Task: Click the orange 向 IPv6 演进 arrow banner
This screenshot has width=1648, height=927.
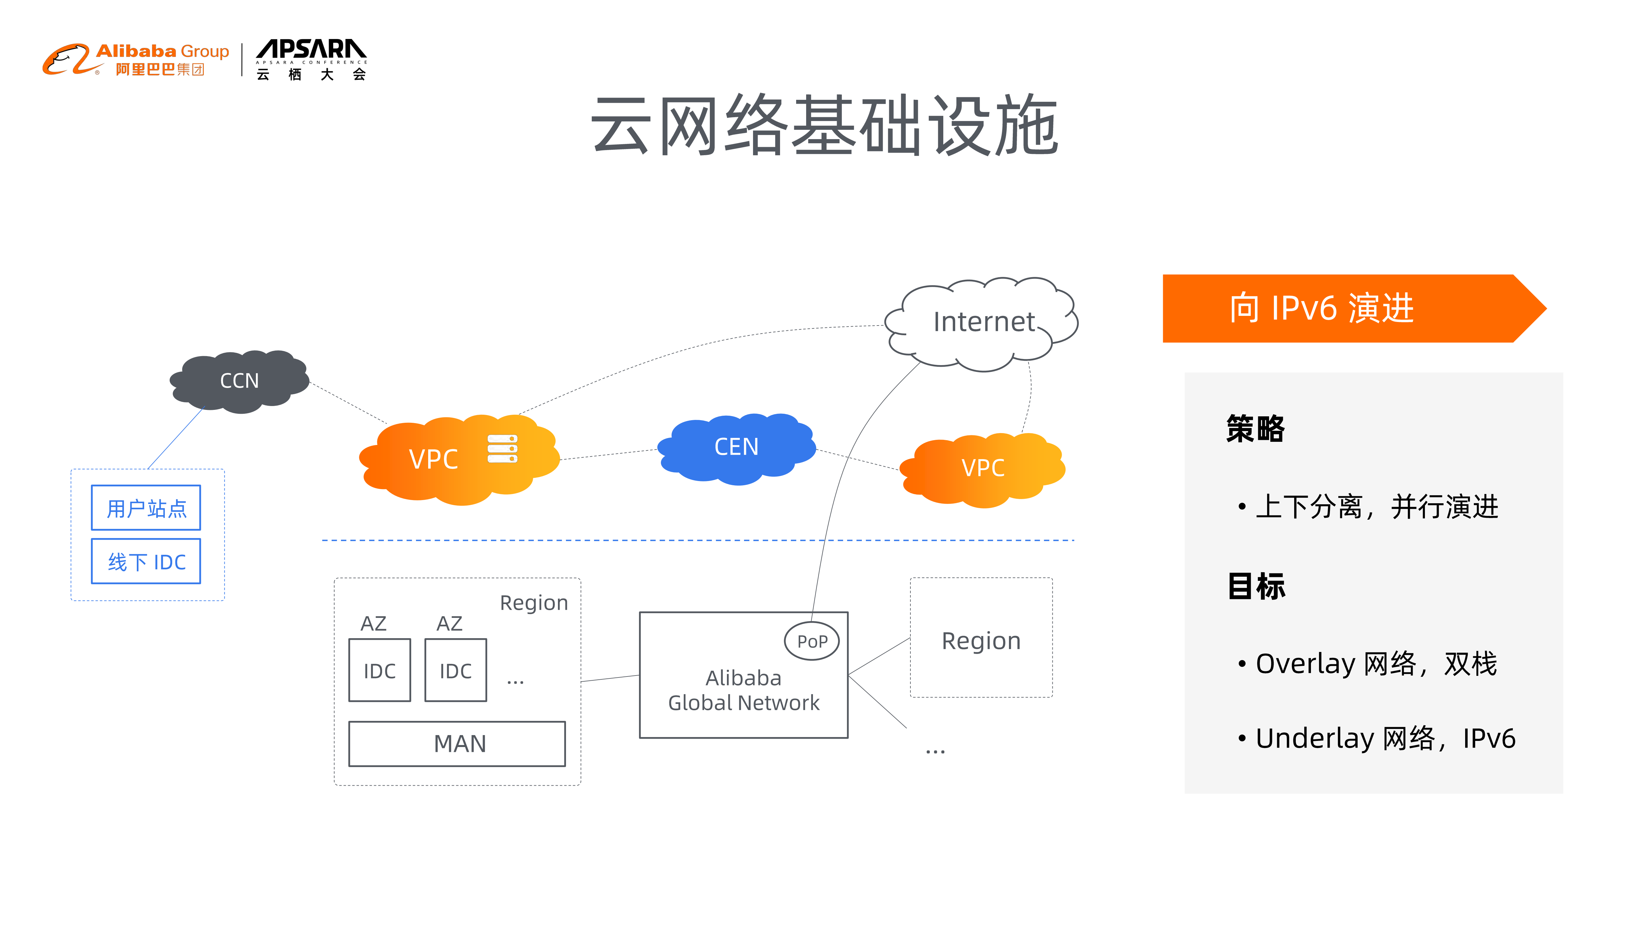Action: coord(1343,308)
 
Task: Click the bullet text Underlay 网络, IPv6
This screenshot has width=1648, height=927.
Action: coord(1385,738)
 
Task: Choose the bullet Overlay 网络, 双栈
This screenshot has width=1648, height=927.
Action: coord(1375,663)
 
